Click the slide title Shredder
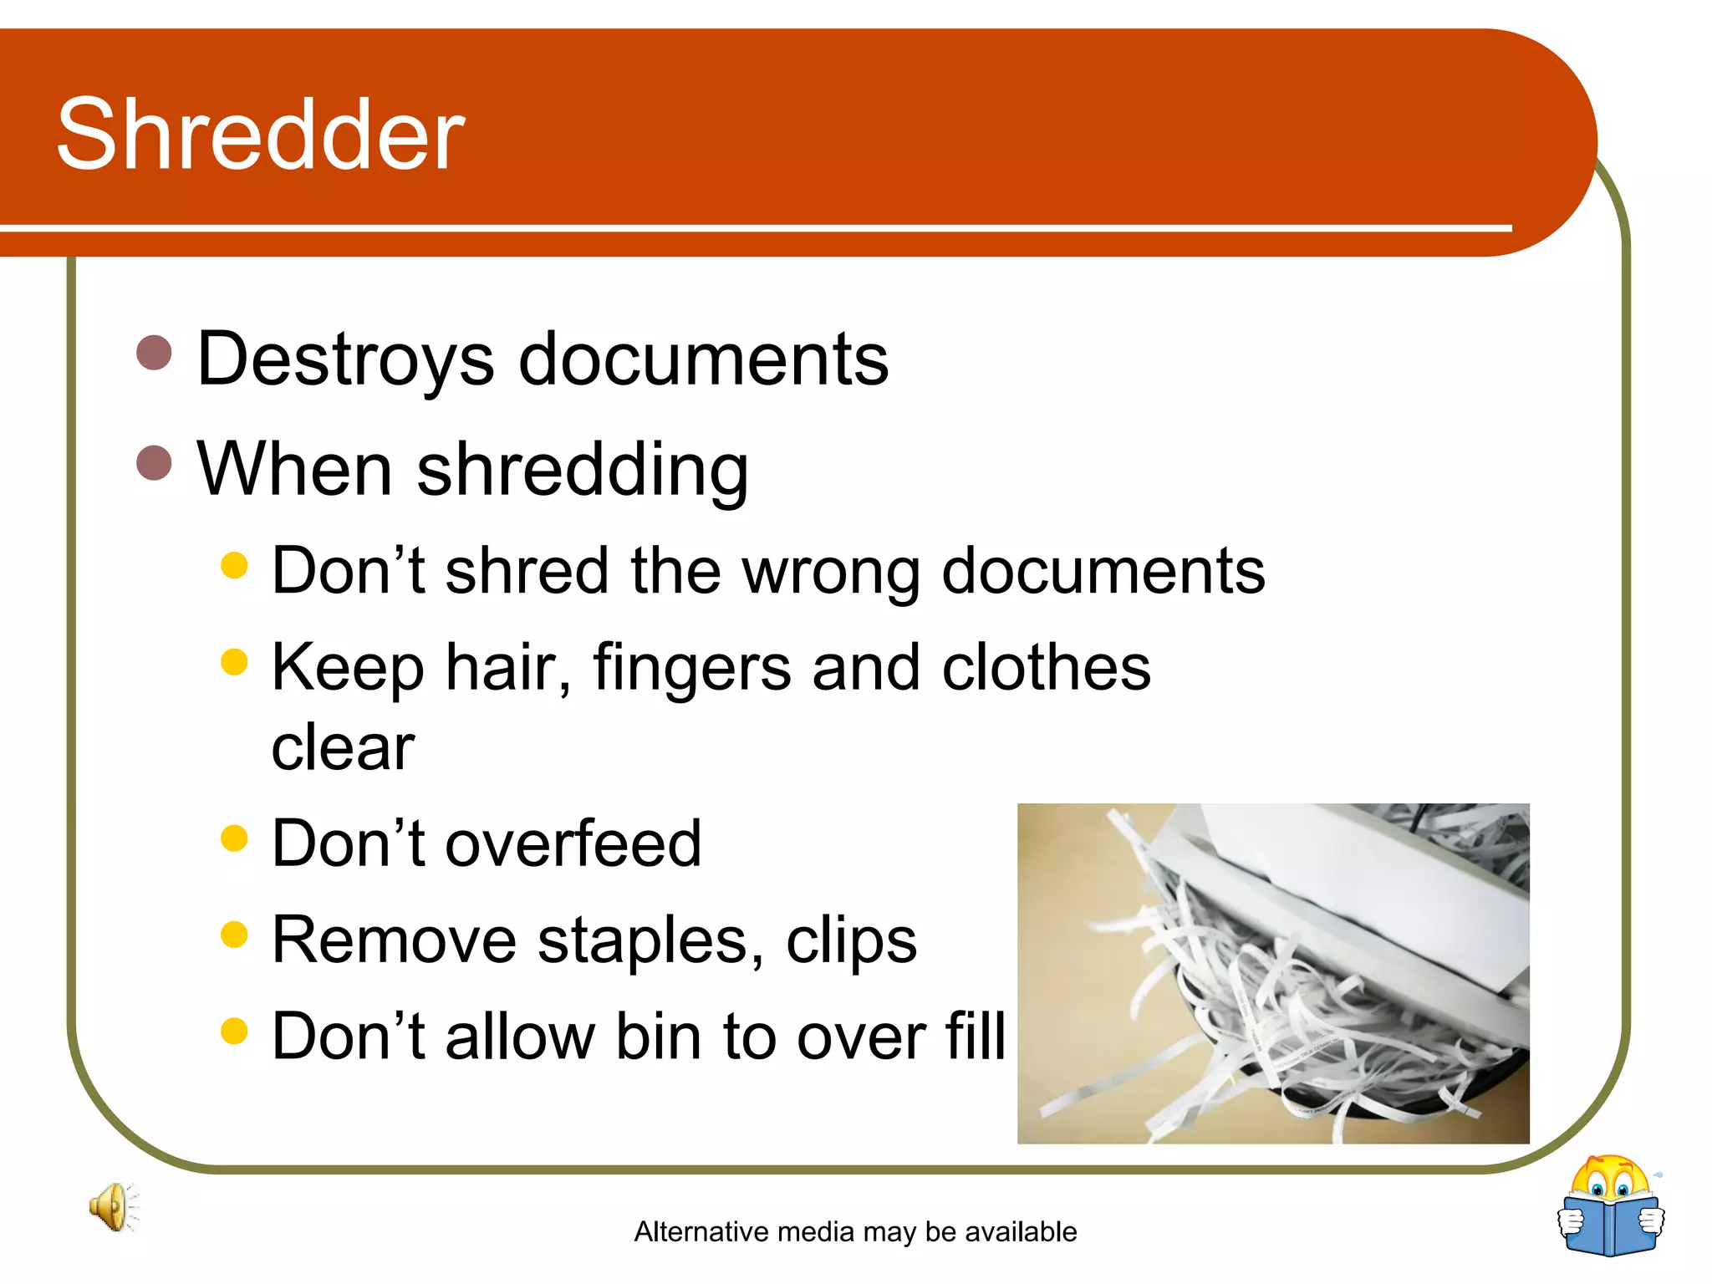click(260, 135)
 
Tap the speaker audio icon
click(112, 1207)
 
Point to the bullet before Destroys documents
click(154, 353)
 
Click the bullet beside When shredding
click(154, 462)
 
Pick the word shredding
click(582, 471)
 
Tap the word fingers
click(691, 669)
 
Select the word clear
click(343, 746)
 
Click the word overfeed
click(573, 843)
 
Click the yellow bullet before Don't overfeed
click(235, 838)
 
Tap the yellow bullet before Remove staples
click(235, 935)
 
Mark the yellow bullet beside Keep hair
click(235, 662)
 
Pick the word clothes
click(1046, 668)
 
